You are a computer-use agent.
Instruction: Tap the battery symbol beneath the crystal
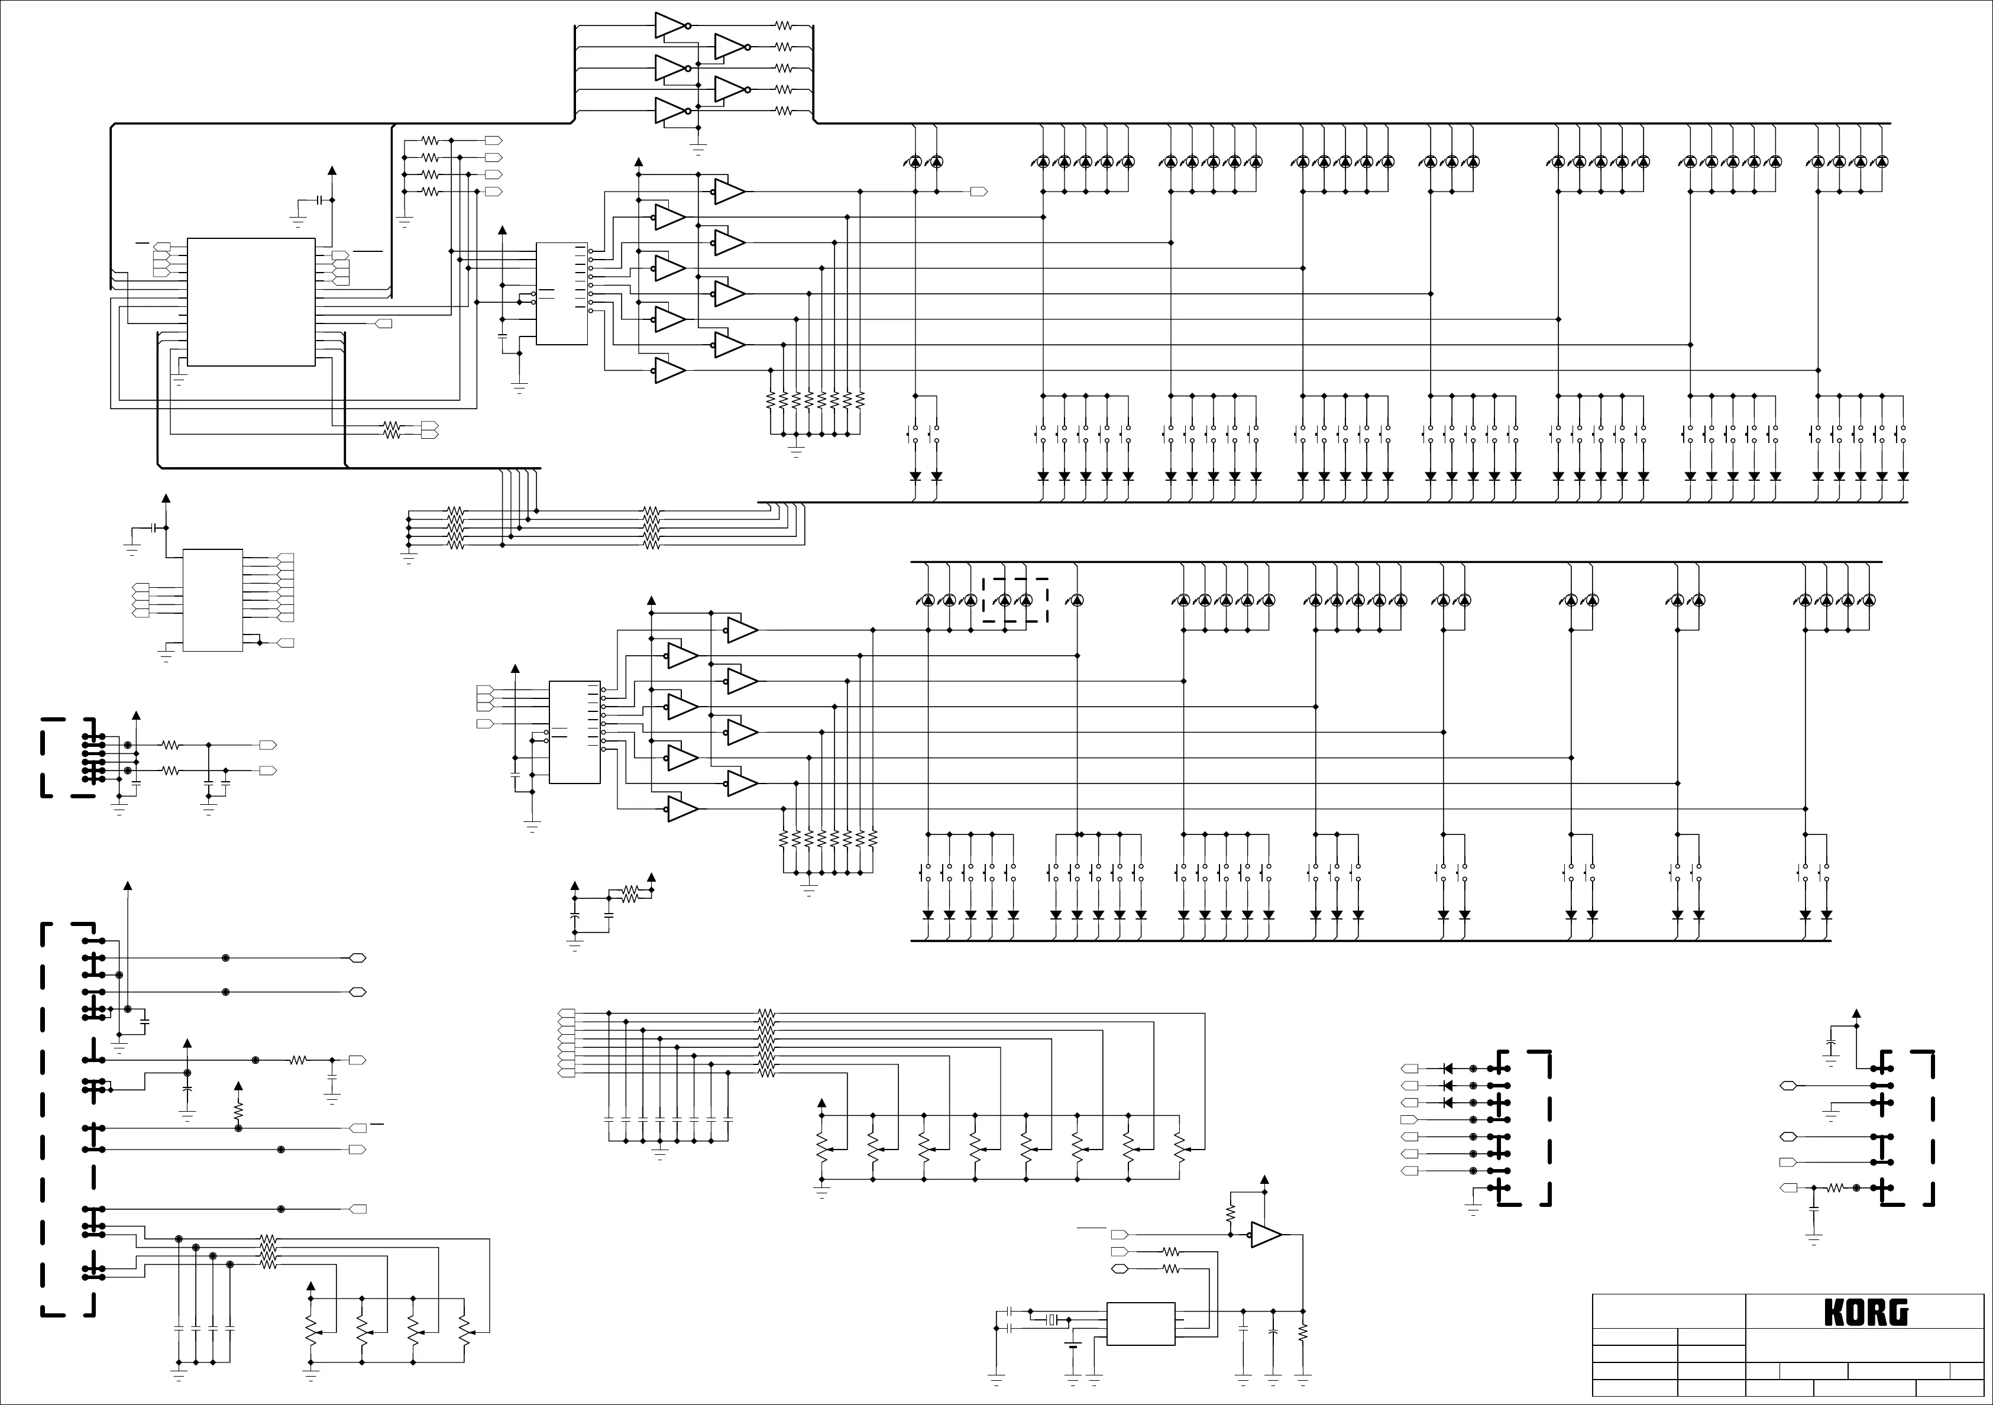click(x=1073, y=1346)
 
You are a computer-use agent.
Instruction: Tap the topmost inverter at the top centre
click(x=670, y=25)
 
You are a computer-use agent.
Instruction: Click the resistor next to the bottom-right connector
click(x=1836, y=1187)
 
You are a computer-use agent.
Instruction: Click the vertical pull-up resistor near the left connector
click(x=239, y=1110)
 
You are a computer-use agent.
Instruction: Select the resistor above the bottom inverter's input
click(x=1230, y=1212)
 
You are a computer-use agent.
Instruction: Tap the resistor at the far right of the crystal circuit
click(x=1303, y=1333)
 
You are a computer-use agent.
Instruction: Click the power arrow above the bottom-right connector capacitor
click(x=1857, y=1014)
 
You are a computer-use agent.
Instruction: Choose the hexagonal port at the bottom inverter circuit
click(x=1120, y=1269)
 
